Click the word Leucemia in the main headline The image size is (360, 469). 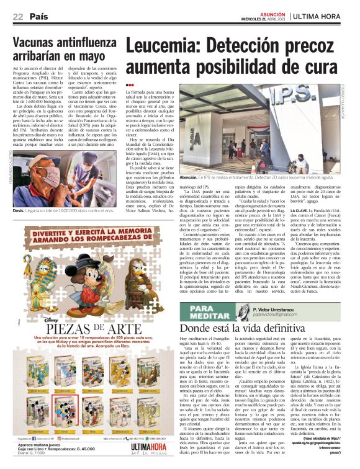(x=163, y=47)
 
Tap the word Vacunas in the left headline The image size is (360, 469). (x=40, y=43)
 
